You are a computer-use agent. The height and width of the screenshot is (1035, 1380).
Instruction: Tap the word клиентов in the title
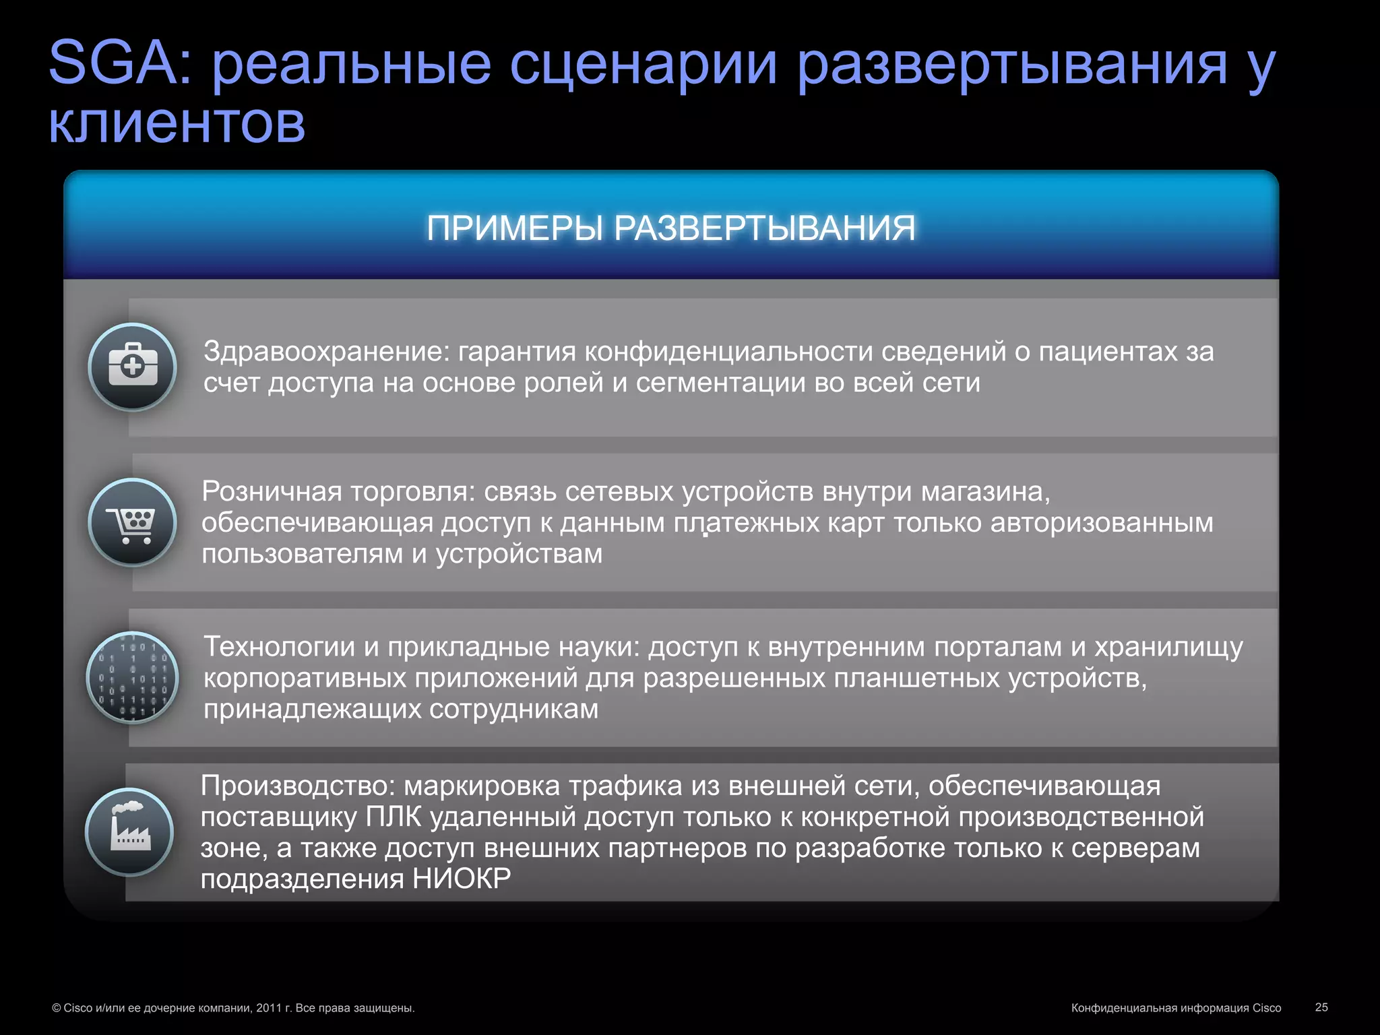click(x=177, y=125)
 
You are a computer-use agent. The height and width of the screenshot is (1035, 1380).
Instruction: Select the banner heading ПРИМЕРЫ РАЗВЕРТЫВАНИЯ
click(x=671, y=228)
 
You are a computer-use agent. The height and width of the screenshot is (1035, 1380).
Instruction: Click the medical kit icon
click(x=133, y=367)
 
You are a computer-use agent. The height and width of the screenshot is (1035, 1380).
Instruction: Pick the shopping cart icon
click(x=133, y=522)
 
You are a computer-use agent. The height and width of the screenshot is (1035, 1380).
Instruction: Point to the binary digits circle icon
click(x=133, y=677)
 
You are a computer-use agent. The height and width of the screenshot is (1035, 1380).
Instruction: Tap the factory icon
click(x=129, y=832)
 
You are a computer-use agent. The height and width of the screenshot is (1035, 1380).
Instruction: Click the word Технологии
click(x=279, y=647)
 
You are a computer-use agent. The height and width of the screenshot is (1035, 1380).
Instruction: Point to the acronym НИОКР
click(x=462, y=879)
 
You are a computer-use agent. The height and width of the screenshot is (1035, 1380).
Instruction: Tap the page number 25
click(x=1321, y=1007)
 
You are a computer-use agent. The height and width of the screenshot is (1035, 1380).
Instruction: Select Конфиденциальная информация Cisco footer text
click(x=1176, y=1008)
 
